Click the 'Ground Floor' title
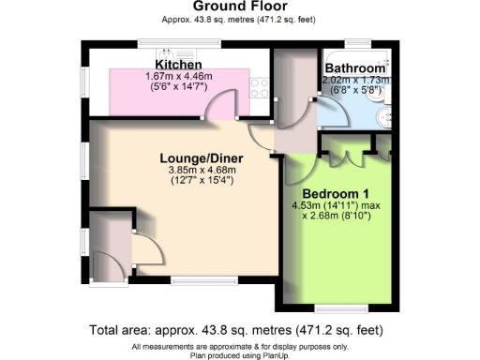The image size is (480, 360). coord(239,6)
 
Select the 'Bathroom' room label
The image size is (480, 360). coord(354,69)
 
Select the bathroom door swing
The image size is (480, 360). coord(328,113)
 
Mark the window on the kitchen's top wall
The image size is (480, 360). coord(179,40)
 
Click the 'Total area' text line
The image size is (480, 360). coord(236,330)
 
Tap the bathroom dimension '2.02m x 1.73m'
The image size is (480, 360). coord(353,82)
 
